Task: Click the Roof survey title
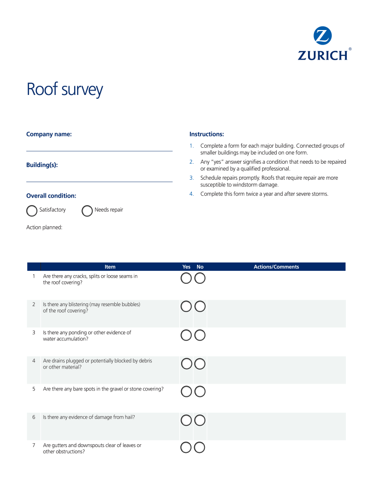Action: pyautogui.click(x=64, y=90)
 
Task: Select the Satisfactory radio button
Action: pyautogui.click(x=31, y=211)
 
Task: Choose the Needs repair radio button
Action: pyautogui.click(x=87, y=211)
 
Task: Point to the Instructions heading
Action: pyautogui.click(x=206, y=134)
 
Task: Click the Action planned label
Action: pyautogui.click(x=44, y=227)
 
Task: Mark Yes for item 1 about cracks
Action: pyautogui.click(x=186, y=278)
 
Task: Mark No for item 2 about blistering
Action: pyautogui.click(x=200, y=307)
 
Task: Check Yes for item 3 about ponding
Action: pyautogui.click(x=186, y=335)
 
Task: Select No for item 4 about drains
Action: pyautogui.click(x=200, y=364)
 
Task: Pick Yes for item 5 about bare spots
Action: pyautogui.click(x=186, y=391)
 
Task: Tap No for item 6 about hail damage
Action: pyautogui.click(x=200, y=420)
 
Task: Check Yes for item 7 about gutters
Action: pyautogui.click(x=186, y=448)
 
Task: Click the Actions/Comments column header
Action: pyautogui.click(x=276, y=267)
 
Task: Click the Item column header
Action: pyautogui.click(x=110, y=267)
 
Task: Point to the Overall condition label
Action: pyautogui.click(x=51, y=196)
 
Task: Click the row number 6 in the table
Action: pyautogui.click(x=33, y=417)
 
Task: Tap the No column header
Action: pyautogui.click(x=200, y=267)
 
